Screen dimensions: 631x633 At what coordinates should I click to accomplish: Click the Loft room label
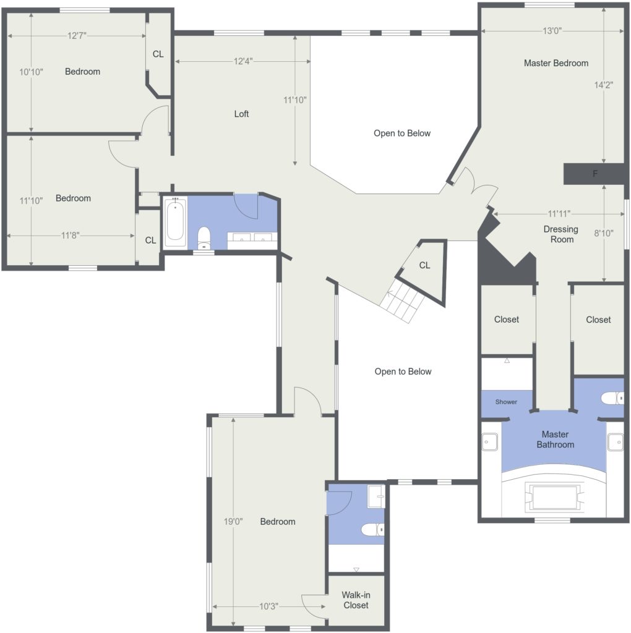pyautogui.click(x=241, y=114)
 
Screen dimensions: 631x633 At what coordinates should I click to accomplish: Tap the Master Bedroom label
pyautogui.click(x=556, y=63)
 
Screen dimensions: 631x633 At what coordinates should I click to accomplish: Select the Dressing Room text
pyautogui.click(x=561, y=234)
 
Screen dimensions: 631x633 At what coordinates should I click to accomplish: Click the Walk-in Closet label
pyautogui.click(x=356, y=600)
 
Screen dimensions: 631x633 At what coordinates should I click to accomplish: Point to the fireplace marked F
pyautogui.click(x=594, y=174)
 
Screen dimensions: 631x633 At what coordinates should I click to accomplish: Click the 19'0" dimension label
pyautogui.click(x=233, y=522)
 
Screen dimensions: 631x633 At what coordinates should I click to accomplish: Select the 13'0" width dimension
pyautogui.click(x=552, y=31)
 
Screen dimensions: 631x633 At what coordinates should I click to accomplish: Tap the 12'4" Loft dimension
pyautogui.click(x=243, y=61)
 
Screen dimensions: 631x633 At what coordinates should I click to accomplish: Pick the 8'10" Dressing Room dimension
pyautogui.click(x=604, y=233)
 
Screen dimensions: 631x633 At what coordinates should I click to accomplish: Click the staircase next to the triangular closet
pyautogui.click(x=402, y=301)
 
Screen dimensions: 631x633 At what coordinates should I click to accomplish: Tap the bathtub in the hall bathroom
pyautogui.click(x=175, y=222)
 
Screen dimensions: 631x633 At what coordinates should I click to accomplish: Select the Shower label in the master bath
pyautogui.click(x=506, y=402)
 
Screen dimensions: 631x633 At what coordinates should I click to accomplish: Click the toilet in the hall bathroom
pyautogui.click(x=204, y=238)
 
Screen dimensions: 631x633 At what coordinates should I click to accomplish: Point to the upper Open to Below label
pyautogui.click(x=402, y=134)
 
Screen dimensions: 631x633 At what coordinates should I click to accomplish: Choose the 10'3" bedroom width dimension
pyautogui.click(x=268, y=606)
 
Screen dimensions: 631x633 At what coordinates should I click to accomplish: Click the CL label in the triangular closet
pyautogui.click(x=424, y=265)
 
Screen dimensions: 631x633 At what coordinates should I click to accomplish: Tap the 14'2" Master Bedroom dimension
pyautogui.click(x=604, y=85)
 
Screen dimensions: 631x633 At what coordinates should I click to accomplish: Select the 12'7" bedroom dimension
pyautogui.click(x=77, y=36)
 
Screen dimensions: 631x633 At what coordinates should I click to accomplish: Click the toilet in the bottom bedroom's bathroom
pyautogui.click(x=372, y=529)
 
